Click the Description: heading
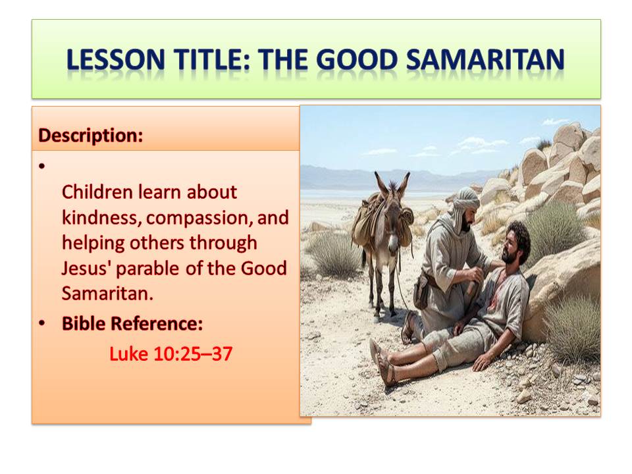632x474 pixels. [91, 135]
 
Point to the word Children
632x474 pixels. [97, 192]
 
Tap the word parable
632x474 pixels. [147, 269]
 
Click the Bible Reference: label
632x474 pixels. [132, 323]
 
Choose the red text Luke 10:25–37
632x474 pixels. [171, 354]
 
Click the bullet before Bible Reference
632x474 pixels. [42, 323]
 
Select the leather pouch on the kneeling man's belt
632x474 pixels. [421, 290]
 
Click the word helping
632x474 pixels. [93, 244]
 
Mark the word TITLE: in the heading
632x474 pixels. [212, 59]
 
